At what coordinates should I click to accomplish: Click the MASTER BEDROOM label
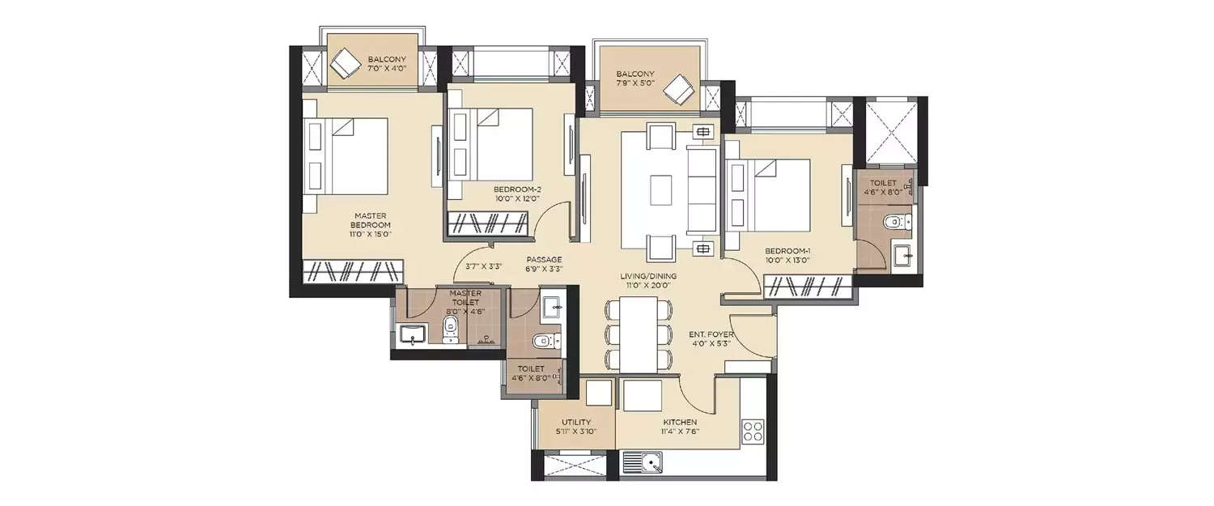tap(371, 220)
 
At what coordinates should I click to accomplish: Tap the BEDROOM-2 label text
tap(516, 189)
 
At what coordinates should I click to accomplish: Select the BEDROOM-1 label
tap(787, 252)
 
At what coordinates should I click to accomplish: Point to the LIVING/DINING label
tap(648, 276)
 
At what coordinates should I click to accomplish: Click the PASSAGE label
tap(543, 260)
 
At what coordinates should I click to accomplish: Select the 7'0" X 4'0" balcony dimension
tap(386, 70)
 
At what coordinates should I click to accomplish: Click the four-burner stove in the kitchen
tap(753, 428)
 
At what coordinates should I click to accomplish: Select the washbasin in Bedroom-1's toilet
tap(902, 254)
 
